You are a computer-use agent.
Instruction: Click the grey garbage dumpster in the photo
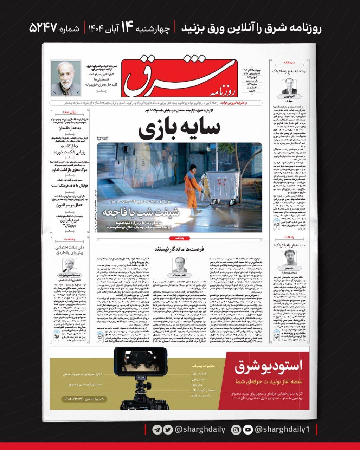pyautogui.click(x=222, y=186)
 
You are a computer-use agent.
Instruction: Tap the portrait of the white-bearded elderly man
pyautogui.click(x=66, y=78)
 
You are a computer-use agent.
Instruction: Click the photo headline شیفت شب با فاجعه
pyautogui.click(x=141, y=212)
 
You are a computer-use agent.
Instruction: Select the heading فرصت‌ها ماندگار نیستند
pyautogui.click(x=179, y=248)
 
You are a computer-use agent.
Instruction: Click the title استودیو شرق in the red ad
pyautogui.click(x=268, y=366)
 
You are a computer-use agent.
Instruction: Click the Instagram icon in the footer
pyautogui.click(x=236, y=430)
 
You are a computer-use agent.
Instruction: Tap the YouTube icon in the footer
pyautogui.click(x=248, y=430)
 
